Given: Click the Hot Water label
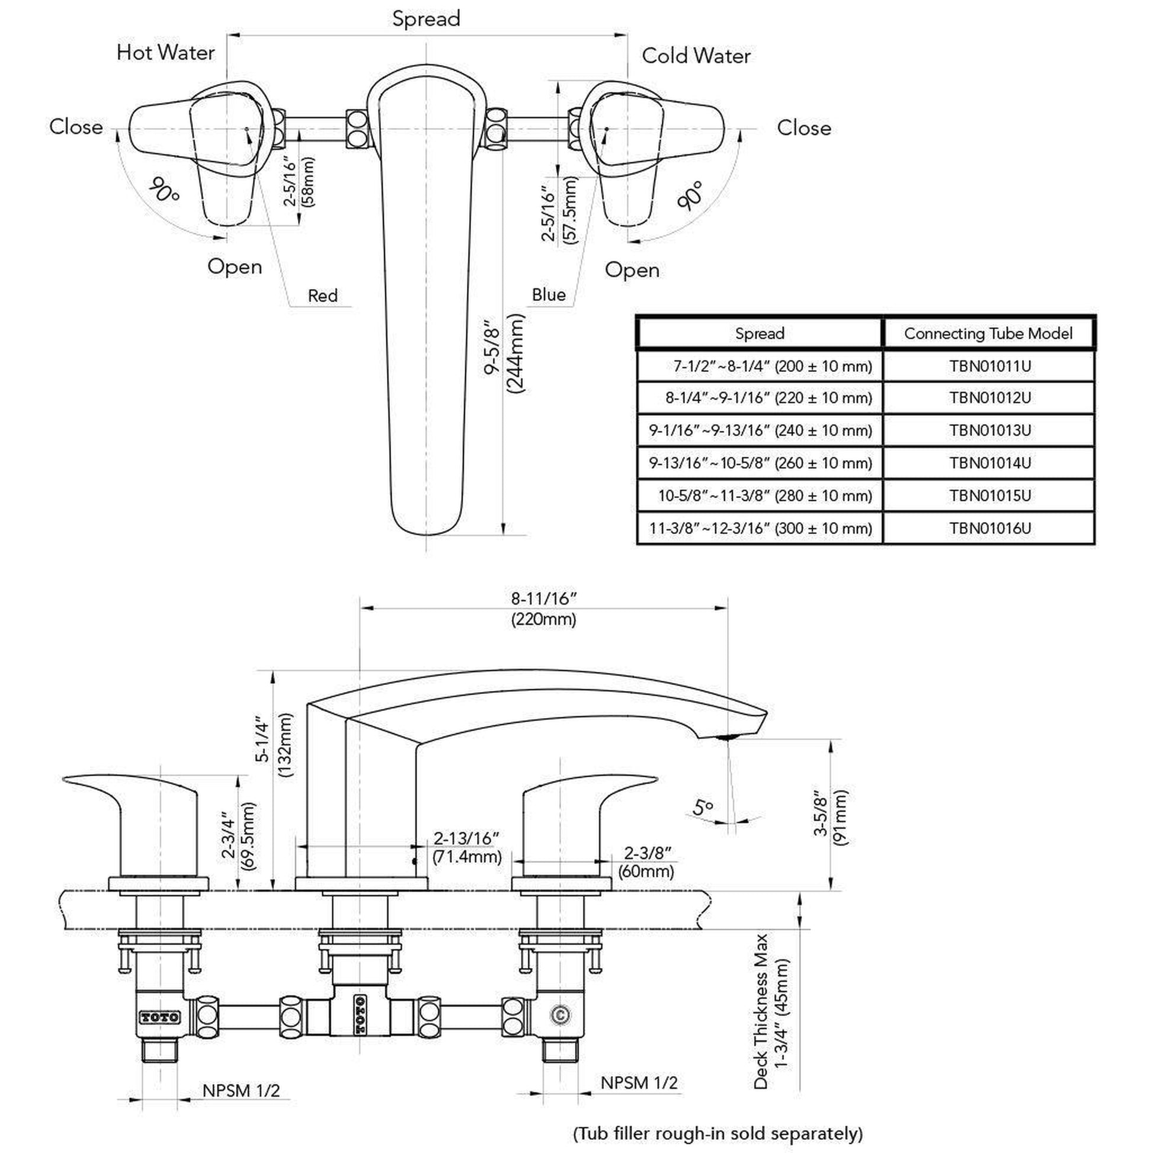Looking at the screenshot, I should pyautogui.click(x=165, y=53).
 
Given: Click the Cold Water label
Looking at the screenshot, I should pyautogui.click(x=696, y=56).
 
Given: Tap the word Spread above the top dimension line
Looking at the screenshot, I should pyautogui.click(x=426, y=18).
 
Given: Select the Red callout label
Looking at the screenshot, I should pyautogui.click(x=322, y=296).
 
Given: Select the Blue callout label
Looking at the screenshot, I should pyautogui.click(x=549, y=294).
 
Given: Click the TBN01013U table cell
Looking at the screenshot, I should pyautogui.click(x=989, y=430).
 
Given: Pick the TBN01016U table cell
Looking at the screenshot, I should pyautogui.click(x=989, y=528).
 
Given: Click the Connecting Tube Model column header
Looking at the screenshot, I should pyautogui.click(x=988, y=333).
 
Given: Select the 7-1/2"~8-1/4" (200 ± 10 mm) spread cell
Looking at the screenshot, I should pyautogui.click(x=772, y=366).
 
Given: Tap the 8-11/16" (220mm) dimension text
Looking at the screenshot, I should pyautogui.click(x=544, y=608).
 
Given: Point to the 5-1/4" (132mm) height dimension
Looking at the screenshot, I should pyautogui.click(x=273, y=746).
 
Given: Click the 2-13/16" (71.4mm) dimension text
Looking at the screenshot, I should pyautogui.click(x=467, y=847).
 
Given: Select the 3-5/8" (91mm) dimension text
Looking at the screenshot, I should pyautogui.click(x=830, y=818).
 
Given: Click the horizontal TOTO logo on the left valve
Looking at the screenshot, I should pyautogui.click(x=159, y=1017).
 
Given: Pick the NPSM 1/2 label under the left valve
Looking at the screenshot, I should pyautogui.click(x=241, y=1090).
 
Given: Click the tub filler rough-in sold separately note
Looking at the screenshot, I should pyautogui.click(x=718, y=1133).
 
